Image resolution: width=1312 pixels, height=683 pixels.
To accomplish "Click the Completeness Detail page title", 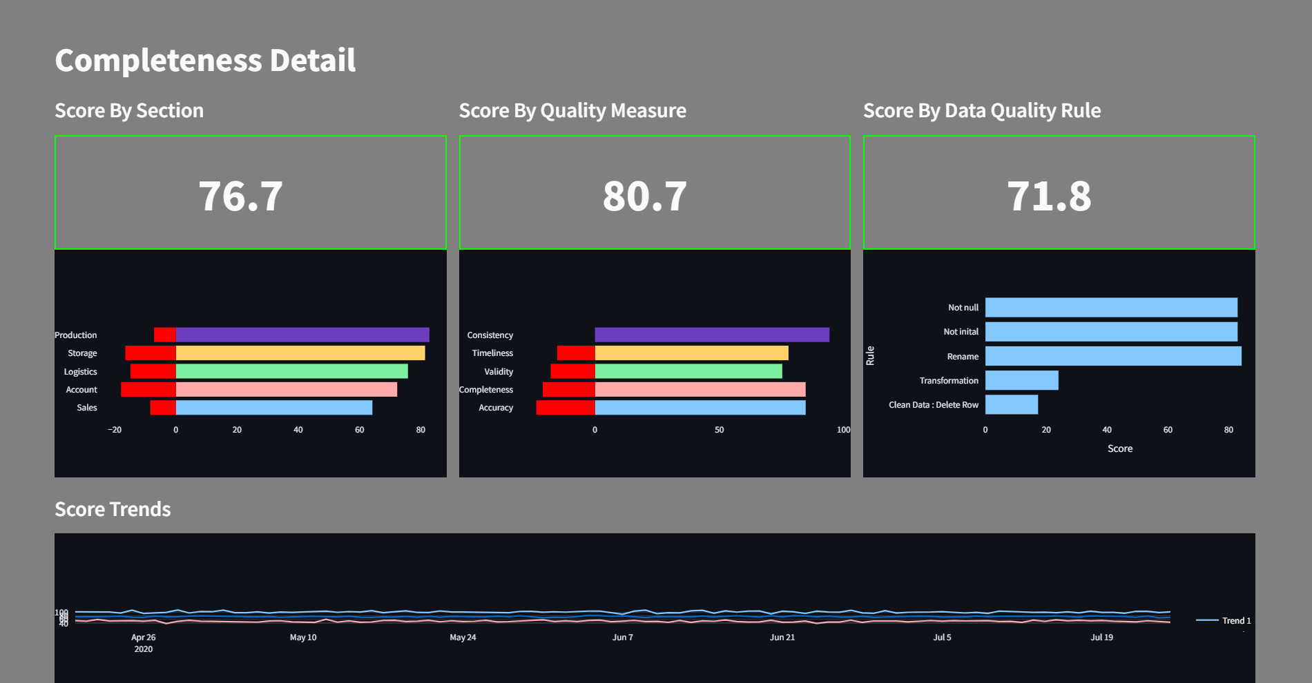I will pos(205,61).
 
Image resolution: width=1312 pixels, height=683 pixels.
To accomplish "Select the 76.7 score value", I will pos(240,196).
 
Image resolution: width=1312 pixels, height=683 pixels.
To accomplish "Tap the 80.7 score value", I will pos(644,196).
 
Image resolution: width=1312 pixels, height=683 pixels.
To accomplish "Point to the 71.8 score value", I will pos(1049,196).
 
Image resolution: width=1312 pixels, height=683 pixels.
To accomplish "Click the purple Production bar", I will pos(302,335).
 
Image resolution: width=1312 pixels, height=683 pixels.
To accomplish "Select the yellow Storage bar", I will pos(300,353).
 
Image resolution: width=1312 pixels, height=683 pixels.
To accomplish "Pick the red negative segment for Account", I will pos(148,390).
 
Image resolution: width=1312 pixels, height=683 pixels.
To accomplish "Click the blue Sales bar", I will pos(274,408).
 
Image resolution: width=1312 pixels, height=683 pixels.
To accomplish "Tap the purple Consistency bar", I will pos(712,335).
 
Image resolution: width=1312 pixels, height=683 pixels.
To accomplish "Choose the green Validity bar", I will pos(688,371).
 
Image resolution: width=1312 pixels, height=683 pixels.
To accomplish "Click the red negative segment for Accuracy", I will pos(566,408).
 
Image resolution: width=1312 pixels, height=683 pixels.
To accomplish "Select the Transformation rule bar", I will pos(1021,380).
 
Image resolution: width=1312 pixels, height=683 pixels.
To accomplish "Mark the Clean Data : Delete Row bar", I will pos(1011,404).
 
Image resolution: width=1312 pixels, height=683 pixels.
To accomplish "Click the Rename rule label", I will pos(963,357).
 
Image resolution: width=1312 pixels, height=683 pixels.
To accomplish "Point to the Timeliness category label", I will pos(492,353).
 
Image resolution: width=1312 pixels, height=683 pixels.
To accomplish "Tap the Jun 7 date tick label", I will pos(622,637).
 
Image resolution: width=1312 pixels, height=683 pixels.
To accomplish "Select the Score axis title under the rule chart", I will pos(1119,448).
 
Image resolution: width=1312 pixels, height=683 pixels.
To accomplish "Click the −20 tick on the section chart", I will pos(115,430).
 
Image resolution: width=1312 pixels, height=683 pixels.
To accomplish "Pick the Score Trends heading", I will pos(113,509).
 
